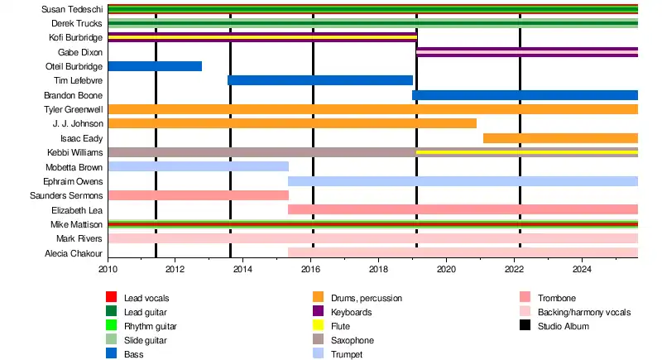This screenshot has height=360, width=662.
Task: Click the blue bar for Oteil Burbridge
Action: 155,66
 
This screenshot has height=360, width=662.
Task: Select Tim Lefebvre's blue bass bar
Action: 320,80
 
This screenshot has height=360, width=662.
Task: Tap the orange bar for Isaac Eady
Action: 560,138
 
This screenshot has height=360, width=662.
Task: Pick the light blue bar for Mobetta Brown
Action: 198,166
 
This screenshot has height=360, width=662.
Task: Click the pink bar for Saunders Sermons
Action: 198,195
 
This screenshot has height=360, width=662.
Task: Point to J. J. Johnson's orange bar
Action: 292,123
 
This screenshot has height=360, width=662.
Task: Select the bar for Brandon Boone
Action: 525,95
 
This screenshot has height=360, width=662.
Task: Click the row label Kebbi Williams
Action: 74,153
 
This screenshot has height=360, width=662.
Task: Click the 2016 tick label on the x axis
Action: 310,269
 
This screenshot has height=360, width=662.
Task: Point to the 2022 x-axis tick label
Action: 514,269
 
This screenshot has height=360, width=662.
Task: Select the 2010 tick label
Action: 108,269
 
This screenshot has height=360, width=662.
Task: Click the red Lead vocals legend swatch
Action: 111,297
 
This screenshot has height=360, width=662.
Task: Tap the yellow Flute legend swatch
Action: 318,326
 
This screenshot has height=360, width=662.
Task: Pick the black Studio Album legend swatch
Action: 525,326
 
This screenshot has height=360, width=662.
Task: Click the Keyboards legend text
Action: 352,312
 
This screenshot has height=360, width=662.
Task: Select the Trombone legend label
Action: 557,298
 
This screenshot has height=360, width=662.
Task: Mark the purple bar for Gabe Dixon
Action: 527,52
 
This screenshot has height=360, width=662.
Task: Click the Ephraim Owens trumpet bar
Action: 463,181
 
